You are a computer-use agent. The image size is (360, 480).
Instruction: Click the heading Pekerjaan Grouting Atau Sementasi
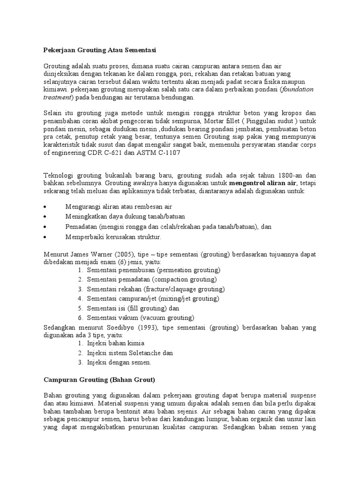tap(99, 49)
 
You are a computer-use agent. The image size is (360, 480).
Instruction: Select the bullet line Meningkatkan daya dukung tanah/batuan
tap(125, 216)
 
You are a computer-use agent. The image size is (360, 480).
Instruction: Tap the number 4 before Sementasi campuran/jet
tap(80, 299)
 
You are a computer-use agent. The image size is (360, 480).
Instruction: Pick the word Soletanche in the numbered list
tap(146, 352)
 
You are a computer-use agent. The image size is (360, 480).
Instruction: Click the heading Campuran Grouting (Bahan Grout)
tap(99, 378)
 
